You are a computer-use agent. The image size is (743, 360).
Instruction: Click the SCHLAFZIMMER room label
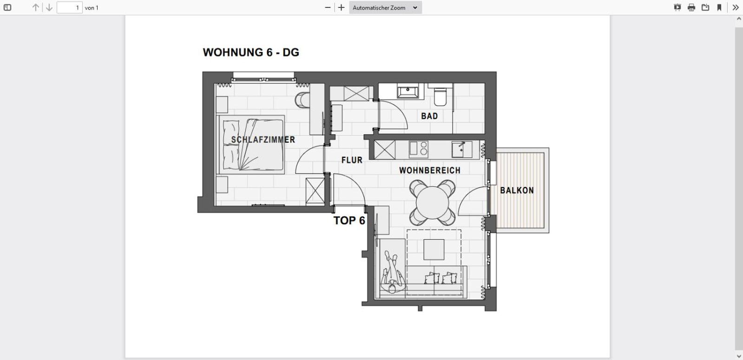click(x=263, y=139)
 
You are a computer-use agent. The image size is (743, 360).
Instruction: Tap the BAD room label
click(x=429, y=116)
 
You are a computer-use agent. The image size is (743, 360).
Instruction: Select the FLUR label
click(x=352, y=160)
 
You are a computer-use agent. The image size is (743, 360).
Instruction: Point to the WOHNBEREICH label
click(x=429, y=170)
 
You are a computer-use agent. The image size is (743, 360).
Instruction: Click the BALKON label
click(x=517, y=190)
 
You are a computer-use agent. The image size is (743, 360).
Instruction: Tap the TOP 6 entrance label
click(x=349, y=221)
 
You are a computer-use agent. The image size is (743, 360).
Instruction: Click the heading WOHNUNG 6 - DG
click(x=251, y=52)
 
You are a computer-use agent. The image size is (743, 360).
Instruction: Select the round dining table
click(x=433, y=203)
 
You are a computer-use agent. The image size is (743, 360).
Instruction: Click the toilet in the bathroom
click(x=440, y=97)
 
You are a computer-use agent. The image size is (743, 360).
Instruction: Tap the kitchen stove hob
click(x=418, y=150)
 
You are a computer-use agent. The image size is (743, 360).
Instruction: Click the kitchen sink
click(x=461, y=150)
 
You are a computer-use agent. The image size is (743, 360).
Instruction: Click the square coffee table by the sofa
click(x=434, y=250)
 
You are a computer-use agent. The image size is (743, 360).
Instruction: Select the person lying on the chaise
click(x=391, y=273)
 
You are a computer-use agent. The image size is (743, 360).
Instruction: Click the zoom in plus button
click(x=341, y=7)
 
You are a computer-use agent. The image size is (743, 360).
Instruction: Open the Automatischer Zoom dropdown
click(x=385, y=7)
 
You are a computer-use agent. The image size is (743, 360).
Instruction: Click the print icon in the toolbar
click(x=691, y=7)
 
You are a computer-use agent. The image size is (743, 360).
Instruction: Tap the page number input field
click(x=69, y=7)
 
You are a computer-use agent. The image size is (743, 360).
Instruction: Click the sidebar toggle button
click(x=7, y=7)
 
